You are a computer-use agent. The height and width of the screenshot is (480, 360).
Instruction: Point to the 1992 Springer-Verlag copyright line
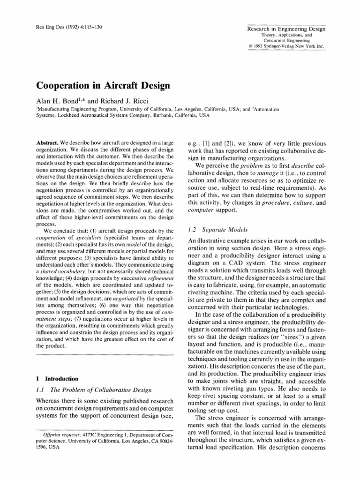click(286, 45)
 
